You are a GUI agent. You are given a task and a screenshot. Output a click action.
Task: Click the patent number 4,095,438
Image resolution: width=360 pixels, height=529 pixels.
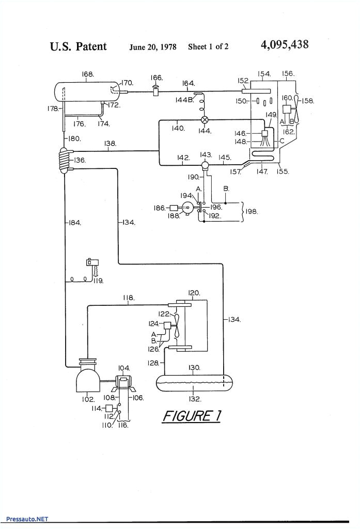[285, 45]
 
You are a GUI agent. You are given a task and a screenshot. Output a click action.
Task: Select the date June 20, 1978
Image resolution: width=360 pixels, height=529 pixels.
[152, 47]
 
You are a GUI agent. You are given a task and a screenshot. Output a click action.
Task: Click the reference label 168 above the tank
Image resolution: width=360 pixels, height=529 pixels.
[87, 74]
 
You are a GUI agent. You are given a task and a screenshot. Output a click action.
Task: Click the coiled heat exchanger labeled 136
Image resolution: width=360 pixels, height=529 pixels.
[63, 159]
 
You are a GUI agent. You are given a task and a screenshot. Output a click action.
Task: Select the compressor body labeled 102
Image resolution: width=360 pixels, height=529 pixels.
[87, 381]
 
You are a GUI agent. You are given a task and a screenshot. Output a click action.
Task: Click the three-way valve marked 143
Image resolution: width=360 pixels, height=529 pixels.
[205, 165]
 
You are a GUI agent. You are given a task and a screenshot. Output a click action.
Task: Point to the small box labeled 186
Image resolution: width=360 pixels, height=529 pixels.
[173, 208]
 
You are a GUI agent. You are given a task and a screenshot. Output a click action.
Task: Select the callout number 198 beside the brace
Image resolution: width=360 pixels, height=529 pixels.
[252, 211]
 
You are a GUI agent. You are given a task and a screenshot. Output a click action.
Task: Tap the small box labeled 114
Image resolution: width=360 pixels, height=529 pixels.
[108, 408]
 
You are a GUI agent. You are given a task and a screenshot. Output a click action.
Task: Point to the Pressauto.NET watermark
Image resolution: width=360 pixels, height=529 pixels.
[27, 519]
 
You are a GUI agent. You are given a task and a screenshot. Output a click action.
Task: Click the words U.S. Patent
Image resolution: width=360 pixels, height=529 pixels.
[78, 46]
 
